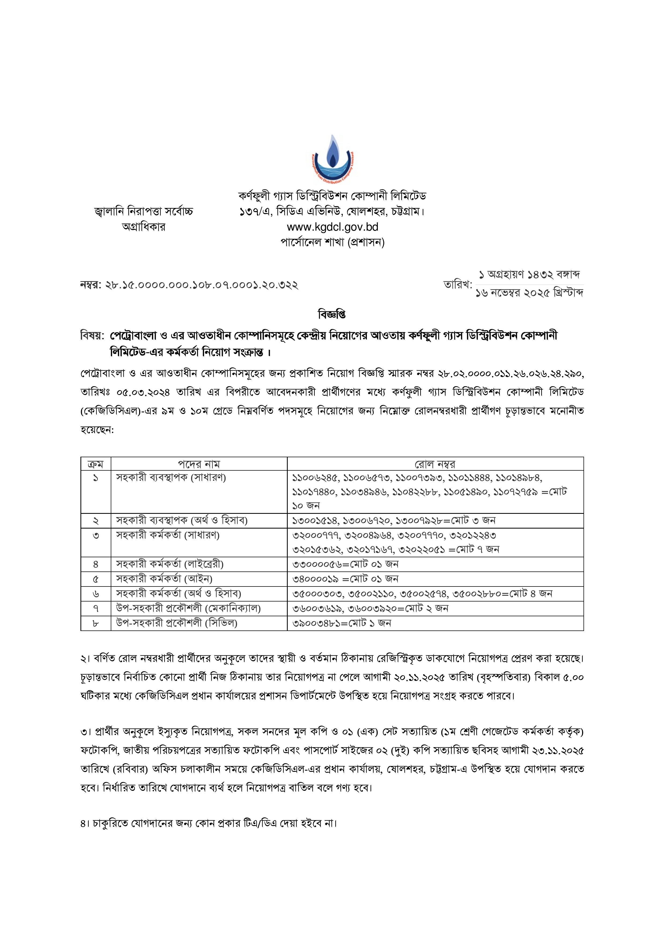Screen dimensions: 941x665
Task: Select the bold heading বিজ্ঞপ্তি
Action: pos(332,315)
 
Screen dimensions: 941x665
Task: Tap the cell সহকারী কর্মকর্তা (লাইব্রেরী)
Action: pos(170,564)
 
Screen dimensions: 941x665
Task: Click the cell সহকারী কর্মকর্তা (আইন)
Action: pos(164,579)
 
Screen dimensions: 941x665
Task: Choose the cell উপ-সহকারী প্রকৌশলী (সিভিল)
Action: pos(177,623)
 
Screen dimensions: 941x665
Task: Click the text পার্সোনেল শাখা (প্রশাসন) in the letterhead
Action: pos(332,242)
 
